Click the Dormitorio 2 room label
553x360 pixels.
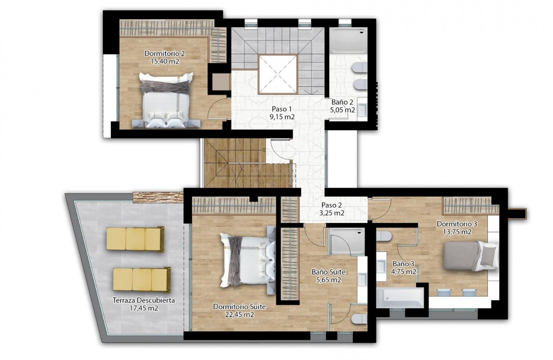pos(165,54)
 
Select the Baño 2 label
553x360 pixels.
pos(342,102)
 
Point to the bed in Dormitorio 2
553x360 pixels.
pos(166,100)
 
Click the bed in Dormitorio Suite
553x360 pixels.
pos(247,261)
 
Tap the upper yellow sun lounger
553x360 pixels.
pos(135,239)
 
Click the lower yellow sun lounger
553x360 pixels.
pos(142,279)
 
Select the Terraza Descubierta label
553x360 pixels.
pos(144,300)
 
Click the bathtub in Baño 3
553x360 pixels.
pos(400,297)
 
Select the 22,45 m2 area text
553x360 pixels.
pos(240,314)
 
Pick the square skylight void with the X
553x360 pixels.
pos(277,74)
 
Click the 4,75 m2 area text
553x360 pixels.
pos(404,272)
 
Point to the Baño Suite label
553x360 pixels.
pos(328,272)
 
